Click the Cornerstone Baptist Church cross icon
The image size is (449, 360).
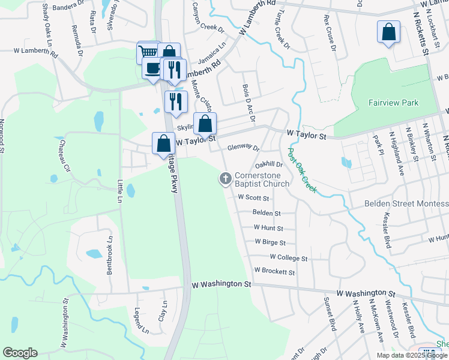(x=226, y=178)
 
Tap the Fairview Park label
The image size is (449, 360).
(x=393, y=103)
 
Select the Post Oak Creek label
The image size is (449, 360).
(x=303, y=171)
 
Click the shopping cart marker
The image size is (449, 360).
(x=148, y=53)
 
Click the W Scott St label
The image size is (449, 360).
(x=254, y=197)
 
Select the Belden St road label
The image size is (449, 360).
(x=267, y=212)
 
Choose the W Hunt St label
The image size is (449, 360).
(x=268, y=228)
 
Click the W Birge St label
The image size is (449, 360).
(x=270, y=242)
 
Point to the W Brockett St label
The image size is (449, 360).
(x=274, y=271)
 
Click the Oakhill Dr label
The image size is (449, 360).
(x=268, y=164)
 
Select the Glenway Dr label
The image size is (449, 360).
(x=243, y=148)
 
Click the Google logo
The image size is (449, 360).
(x=20, y=353)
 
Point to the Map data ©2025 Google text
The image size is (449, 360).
(x=411, y=355)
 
